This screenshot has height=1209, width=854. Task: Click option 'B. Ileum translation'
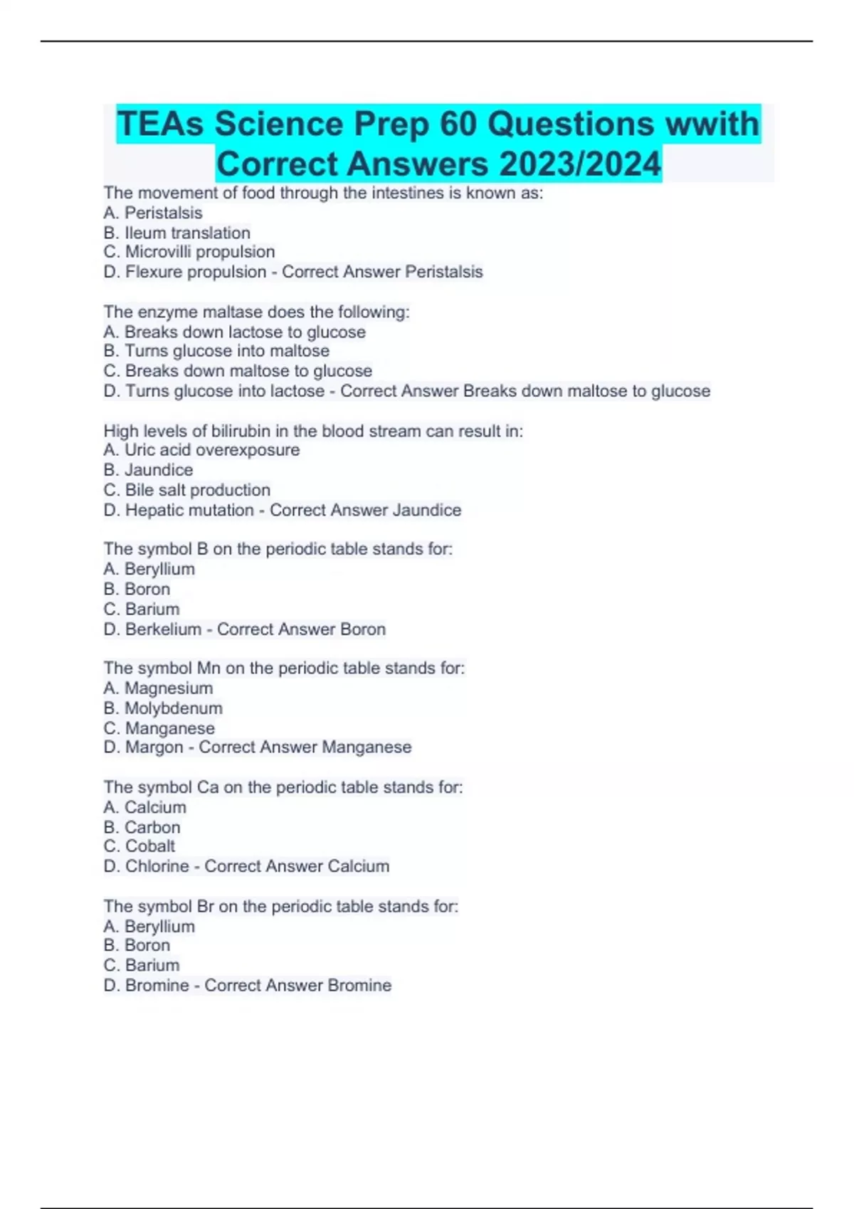click(x=176, y=233)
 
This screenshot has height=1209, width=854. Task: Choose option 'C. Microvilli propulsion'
click(x=189, y=252)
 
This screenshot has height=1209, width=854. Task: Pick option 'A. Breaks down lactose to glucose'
click(x=234, y=331)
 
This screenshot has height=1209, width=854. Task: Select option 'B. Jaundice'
click(x=148, y=470)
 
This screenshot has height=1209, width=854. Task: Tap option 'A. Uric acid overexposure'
click(x=201, y=450)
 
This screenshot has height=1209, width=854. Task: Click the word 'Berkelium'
click(x=163, y=629)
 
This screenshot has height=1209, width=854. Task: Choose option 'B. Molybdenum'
click(x=163, y=708)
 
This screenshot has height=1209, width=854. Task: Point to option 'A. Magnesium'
click(x=158, y=688)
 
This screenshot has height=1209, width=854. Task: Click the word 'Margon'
click(x=154, y=747)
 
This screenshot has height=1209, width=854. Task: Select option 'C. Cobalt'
click(x=139, y=846)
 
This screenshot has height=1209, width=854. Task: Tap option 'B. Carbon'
click(x=142, y=827)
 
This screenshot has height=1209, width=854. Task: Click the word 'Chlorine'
click(x=157, y=866)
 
